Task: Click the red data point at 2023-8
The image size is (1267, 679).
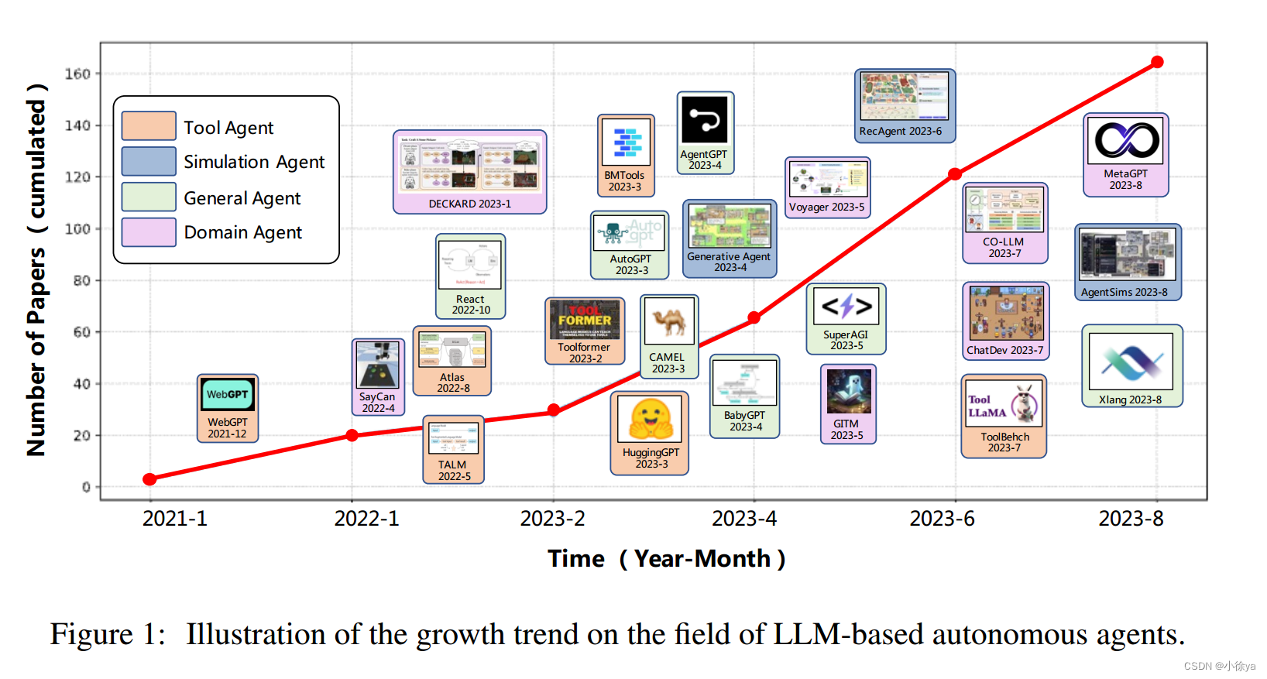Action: point(1156,62)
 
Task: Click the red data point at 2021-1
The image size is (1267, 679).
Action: point(150,479)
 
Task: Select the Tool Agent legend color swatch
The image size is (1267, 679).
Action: point(149,126)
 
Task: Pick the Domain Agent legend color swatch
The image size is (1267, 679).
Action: point(149,232)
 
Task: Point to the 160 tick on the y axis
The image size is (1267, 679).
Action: point(77,74)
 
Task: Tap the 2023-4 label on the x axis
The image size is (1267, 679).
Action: point(743,518)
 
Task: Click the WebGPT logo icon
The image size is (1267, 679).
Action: point(227,395)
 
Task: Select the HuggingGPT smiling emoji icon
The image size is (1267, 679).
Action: point(650,419)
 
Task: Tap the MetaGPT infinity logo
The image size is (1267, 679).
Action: point(1126,140)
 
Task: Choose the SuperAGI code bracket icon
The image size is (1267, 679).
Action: point(846,307)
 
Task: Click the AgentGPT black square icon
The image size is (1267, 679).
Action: point(704,120)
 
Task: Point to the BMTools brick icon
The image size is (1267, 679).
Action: point(626,142)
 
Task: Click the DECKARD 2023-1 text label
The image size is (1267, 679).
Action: point(469,204)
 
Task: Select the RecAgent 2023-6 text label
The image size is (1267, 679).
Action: point(900,131)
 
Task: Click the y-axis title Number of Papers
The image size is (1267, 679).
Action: point(36,271)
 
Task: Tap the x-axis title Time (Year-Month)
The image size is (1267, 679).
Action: point(666,558)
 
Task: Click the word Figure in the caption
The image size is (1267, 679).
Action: point(91,634)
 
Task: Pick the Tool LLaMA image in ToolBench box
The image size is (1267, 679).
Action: point(1004,403)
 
